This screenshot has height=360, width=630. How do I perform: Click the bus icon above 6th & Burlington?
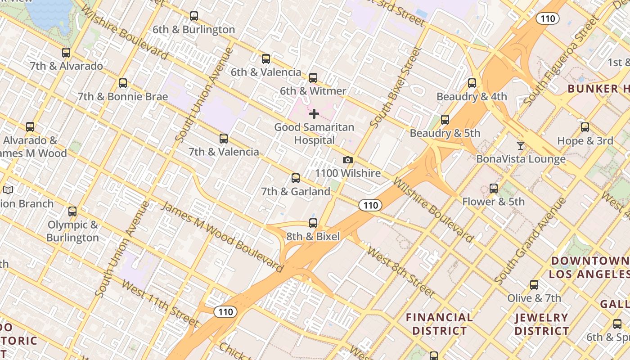tap(194, 16)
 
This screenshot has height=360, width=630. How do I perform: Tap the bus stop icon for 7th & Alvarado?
tap(66, 53)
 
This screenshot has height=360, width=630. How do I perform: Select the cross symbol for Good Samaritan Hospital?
tap(314, 114)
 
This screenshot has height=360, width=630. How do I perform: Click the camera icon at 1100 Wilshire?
tap(347, 160)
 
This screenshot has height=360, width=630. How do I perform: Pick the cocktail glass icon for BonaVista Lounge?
tap(521, 145)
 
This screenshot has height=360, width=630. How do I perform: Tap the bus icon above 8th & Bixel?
tap(313, 223)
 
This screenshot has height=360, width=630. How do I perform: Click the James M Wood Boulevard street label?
tap(223, 237)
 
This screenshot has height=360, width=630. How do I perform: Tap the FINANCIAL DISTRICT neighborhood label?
tap(439, 324)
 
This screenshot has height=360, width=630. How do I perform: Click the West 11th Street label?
tap(160, 303)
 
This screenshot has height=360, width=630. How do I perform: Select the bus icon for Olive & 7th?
tap(534, 285)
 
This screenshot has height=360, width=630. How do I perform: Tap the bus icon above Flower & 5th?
tap(494, 189)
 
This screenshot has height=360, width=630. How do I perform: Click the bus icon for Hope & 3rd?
tap(585, 127)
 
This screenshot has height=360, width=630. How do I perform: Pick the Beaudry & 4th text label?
tap(472, 97)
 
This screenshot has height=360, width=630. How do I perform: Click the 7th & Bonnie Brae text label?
tap(122, 97)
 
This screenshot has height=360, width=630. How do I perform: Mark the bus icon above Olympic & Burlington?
tap(72, 211)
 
